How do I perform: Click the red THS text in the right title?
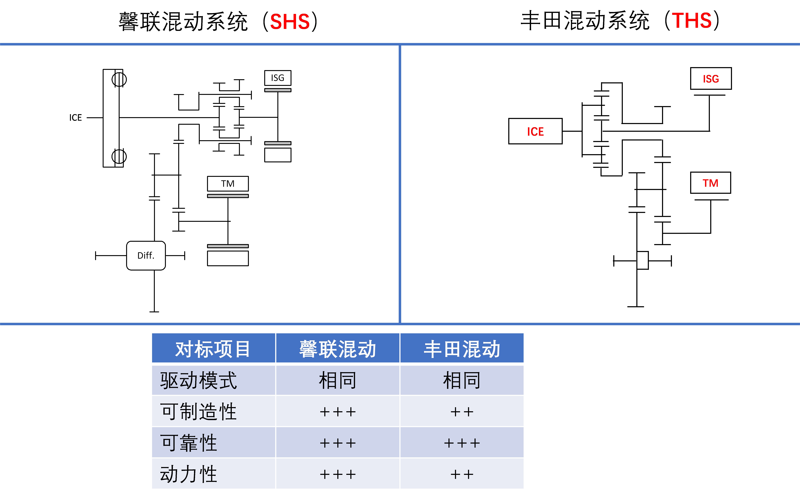[692, 21]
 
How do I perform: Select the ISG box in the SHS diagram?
[278, 78]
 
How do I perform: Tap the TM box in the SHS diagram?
[228, 183]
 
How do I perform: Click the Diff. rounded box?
[146, 255]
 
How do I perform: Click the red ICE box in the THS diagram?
[535, 131]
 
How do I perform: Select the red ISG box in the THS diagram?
[711, 79]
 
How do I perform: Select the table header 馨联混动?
[338, 349]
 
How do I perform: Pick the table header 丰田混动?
[462, 349]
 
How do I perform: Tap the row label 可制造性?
[199, 412]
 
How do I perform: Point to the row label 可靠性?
[189, 443]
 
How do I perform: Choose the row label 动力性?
[189, 474]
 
